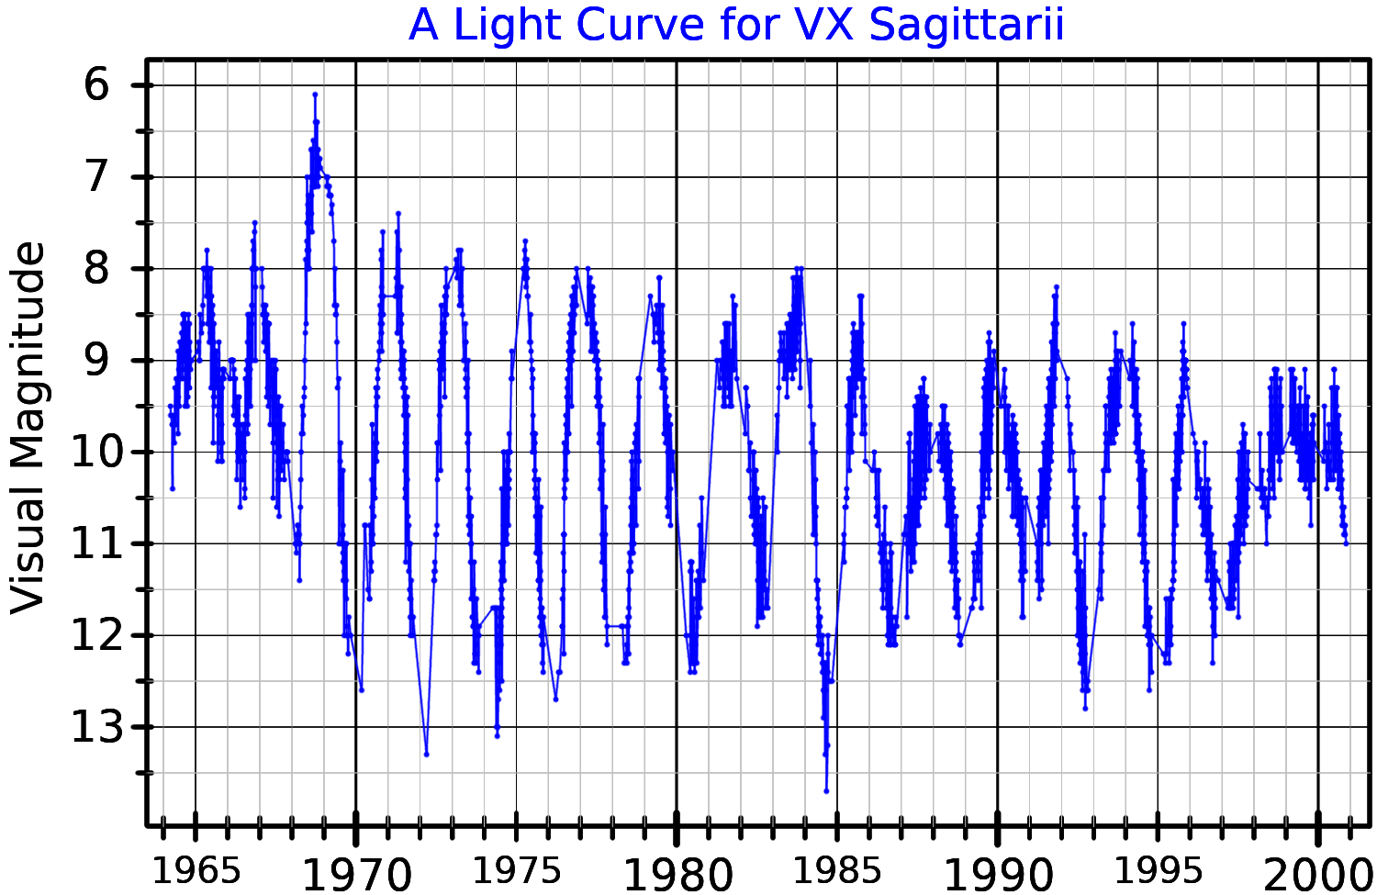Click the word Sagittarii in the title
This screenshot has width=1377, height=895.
(x=967, y=25)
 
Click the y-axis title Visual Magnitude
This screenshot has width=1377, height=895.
(x=28, y=427)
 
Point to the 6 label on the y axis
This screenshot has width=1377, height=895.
(x=96, y=85)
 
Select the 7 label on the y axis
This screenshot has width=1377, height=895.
(x=96, y=177)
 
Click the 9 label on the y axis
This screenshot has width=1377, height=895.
(x=96, y=360)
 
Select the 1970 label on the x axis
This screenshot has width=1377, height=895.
(x=357, y=874)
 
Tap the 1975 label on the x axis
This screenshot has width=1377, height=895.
(x=517, y=870)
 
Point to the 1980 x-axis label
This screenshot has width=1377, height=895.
(x=677, y=874)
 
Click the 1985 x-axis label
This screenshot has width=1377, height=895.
(x=838, y=870)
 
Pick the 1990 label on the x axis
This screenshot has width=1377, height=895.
(x=998, y=874)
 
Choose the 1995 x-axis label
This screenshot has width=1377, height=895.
(x=1159, y=870)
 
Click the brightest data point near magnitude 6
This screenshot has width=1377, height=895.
(x=314, y=94)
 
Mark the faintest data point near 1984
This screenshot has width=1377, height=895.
(x=826, y=790)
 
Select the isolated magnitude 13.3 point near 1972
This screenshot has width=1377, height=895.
(x=426, y=754)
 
